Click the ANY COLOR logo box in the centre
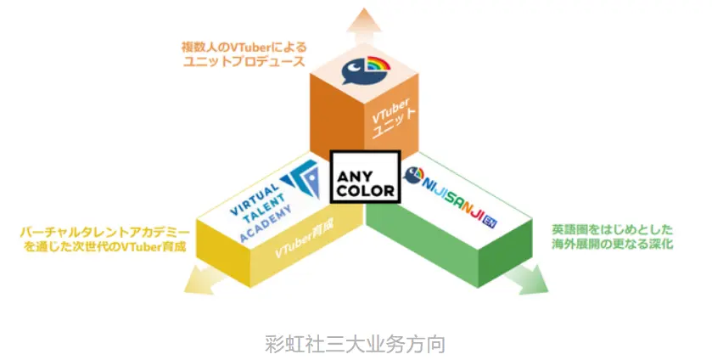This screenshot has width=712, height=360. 366,177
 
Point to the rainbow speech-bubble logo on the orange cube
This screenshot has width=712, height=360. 366,70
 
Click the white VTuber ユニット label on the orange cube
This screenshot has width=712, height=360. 393,118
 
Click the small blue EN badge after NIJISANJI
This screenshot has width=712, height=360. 490,222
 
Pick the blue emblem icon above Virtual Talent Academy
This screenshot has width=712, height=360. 301,179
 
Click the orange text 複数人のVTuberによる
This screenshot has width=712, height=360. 244,47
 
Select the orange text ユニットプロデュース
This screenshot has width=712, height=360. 244,61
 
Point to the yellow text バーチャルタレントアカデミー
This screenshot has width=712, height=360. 104,233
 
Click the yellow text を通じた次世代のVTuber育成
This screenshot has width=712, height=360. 105,247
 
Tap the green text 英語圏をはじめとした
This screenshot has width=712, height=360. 612,229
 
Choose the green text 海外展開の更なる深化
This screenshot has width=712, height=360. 612,244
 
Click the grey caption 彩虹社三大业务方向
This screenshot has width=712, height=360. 355,344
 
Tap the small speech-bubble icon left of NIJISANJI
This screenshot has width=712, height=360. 412,175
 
